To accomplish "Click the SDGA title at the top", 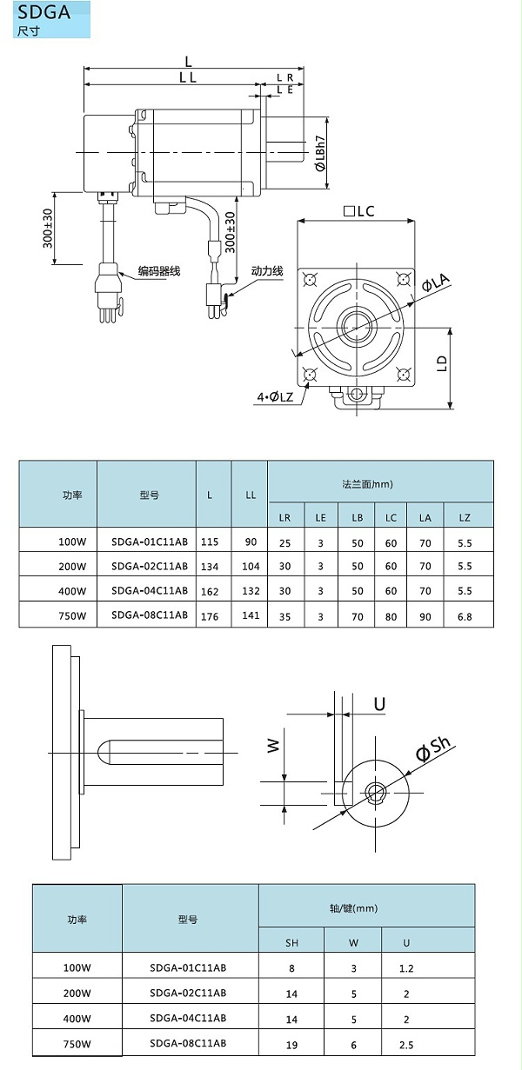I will tap(41, 12).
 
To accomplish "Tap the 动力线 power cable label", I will tap(267, 271).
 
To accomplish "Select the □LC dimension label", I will tap(358, 211).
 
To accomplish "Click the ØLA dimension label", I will tap(435, 282).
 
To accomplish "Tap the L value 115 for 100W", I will tap(209, 542).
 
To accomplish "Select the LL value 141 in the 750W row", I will tap(251, 615).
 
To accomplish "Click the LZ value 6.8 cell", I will tap(464, 615).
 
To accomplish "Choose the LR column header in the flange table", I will tap(284, 517).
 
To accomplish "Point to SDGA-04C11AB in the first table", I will tap(149, 590).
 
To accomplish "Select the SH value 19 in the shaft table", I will tap(291, 1043).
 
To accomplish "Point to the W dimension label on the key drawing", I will tap(273, 745).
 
